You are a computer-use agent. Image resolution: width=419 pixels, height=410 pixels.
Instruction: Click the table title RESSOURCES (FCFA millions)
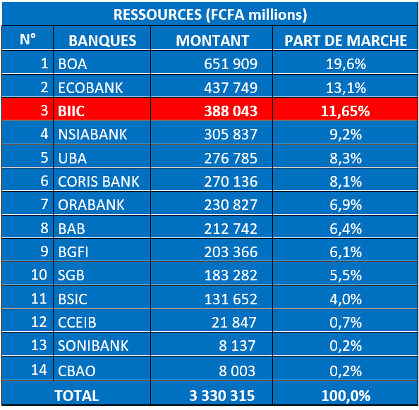[x=210, y=14]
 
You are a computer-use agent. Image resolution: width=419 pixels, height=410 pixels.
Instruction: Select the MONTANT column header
[x=212, y=41]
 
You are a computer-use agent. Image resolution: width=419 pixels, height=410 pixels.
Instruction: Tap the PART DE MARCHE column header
[x=346, y=41]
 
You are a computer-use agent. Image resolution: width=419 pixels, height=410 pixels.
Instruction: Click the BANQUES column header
[x=102, y=41]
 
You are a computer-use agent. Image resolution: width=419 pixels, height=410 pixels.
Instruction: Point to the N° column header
[x=28, y=39]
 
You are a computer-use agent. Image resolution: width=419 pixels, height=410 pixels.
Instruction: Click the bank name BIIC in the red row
[x=71, y=111]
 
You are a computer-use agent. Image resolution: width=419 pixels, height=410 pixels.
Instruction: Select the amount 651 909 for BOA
[x=231, y=64]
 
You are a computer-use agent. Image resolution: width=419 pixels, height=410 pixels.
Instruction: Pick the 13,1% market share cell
[x=346, y=88]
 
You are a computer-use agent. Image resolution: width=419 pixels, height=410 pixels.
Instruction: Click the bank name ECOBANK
[x=90, y=88]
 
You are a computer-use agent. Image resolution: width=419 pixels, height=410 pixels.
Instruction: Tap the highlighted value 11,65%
[x=345, y=111]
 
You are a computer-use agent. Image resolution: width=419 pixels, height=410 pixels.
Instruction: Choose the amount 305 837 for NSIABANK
[x=231, y=135]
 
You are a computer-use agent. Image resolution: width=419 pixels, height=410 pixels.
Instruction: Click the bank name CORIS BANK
[x=99, y=182]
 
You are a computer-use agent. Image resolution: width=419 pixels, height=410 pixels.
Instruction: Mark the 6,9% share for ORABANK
[x=346, y=205]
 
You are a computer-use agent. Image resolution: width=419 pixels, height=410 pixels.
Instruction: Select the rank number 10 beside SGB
[x=39, y=275]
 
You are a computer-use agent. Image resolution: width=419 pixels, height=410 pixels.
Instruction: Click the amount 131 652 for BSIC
[x=231, y=299]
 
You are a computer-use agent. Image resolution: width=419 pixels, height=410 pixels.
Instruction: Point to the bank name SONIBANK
[x=93, y=346]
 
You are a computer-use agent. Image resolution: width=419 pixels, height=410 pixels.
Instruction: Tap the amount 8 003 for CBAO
[x=237, y=371]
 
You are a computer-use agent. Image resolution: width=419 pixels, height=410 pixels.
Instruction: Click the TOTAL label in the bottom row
[x=77, y=396]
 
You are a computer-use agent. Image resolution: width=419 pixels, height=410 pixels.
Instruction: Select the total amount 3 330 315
[x=221, y=396]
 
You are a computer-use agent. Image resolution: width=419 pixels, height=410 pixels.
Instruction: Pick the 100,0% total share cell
[x=346, y=396]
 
